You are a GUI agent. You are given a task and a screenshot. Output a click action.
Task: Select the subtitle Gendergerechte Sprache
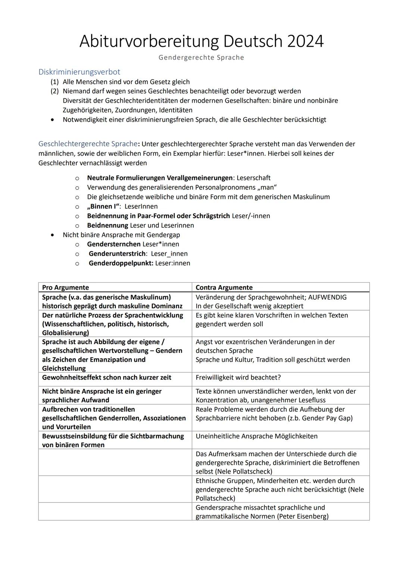coord(201,57)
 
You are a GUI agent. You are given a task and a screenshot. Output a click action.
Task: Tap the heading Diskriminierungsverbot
coord(79,72)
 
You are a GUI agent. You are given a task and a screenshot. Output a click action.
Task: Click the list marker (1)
coord(55,82)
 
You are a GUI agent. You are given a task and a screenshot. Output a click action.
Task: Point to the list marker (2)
coord(55,91)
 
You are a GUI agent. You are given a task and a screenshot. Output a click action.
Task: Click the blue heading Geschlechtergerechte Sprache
coord(88,144)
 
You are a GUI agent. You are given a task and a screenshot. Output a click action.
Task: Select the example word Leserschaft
coord(253,178)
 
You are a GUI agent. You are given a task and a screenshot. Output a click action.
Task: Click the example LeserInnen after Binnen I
coord(141,206)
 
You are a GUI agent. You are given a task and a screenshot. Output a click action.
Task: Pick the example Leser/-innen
coord(251,216)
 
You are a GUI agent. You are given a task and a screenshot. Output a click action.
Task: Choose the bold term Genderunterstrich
coord(117,254)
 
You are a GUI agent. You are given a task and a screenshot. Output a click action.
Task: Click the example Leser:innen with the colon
coord(172,263)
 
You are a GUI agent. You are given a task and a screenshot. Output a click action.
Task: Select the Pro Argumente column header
coord(65,287)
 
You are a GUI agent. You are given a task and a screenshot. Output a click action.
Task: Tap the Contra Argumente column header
coord(224,287)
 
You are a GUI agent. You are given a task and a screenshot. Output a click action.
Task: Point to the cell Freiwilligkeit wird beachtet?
coord(238,377)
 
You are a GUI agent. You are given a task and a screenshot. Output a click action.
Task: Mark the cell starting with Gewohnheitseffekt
coord(106,377)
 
